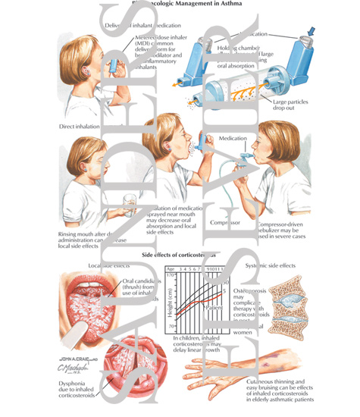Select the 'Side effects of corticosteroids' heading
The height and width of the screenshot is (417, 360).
pos(180,256)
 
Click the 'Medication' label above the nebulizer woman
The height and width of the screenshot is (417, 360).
pos(232,140)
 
